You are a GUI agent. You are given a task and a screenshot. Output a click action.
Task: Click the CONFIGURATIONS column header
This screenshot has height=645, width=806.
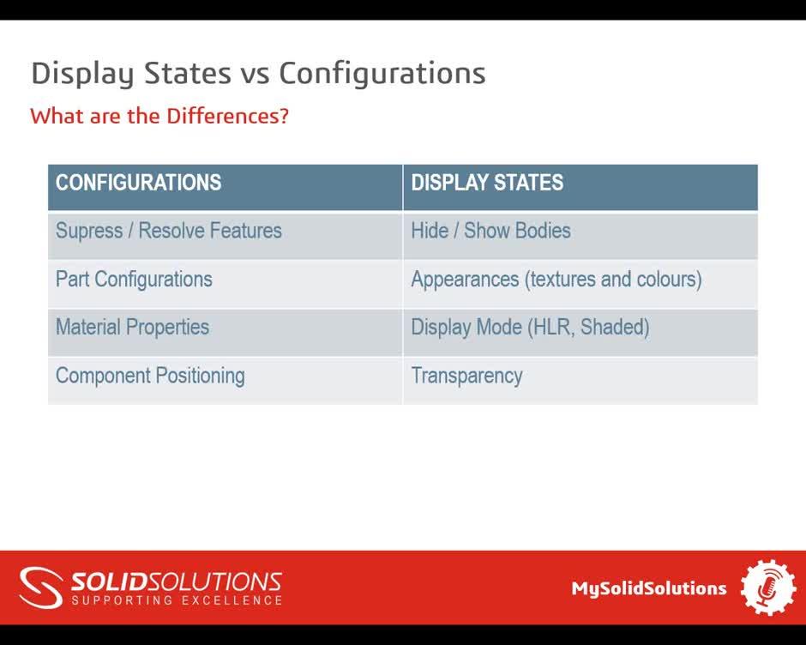pos(139,183)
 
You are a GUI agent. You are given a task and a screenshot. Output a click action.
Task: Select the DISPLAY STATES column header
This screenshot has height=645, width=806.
pos(487,183)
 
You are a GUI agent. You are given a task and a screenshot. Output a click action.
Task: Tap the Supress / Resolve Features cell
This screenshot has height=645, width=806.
pos(169,231)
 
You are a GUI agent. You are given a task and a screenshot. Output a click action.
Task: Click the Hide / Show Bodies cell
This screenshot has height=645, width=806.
pos(490,231)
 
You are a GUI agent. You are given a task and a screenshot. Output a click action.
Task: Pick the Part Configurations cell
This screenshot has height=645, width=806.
pos(134,280)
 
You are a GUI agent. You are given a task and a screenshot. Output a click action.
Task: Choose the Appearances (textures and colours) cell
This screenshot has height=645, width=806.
pos(556,280)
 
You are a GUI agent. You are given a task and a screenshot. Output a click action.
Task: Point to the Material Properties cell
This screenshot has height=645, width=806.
pos(132,328)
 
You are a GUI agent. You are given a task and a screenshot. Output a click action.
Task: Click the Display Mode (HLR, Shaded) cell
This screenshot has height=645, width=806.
pos(530,328)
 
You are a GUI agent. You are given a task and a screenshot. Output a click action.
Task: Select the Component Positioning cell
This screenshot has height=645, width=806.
pos(150,376)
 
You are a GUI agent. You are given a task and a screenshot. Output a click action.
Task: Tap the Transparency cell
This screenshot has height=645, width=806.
pos(466,376)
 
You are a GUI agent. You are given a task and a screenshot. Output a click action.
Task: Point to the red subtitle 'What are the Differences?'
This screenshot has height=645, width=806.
pos(159,116)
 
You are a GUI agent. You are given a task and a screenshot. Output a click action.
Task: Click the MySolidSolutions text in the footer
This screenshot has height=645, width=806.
pos(649,588)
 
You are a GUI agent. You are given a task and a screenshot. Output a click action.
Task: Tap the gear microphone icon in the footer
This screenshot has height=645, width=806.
pos(768,588)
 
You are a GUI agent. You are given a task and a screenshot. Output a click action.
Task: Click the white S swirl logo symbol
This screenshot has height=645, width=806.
pos(41,588)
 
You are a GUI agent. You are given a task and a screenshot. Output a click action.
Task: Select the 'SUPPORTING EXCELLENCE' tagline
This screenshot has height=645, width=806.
pos(177,600)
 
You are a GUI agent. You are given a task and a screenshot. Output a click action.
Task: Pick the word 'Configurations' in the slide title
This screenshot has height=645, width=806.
pos(382,74)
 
